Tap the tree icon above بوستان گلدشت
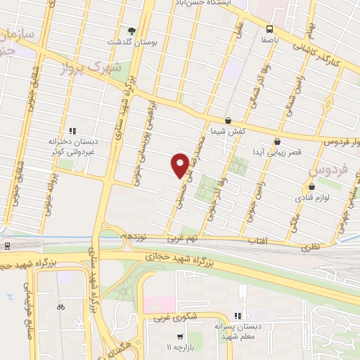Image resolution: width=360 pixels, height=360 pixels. (x=131, y=30)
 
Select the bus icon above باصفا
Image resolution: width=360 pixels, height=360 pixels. (x=269, y=29)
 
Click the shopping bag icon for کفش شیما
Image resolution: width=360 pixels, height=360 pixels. (x=227, y=120)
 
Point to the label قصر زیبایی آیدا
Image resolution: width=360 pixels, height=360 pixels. (x=278, y=152)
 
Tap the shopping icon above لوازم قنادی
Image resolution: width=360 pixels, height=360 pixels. (x=312, y=187)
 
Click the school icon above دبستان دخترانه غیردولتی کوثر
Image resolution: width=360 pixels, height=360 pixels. (x=71, y=130)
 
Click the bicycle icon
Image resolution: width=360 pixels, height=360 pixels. (x=60, y=307)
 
